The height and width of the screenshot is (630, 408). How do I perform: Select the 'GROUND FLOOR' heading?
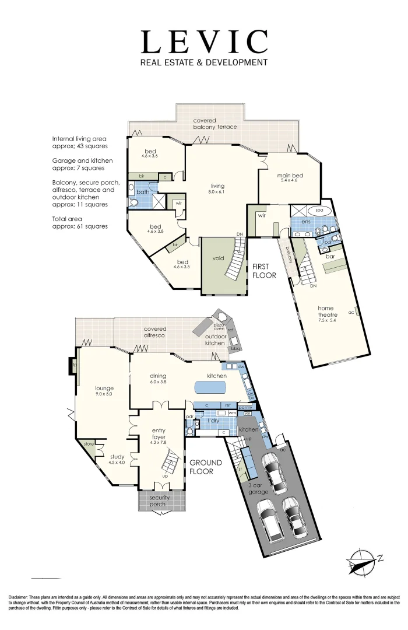pyautogui.click(x=201, y=467)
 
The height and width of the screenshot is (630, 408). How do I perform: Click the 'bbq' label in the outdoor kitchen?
pyautogui.click(x=235, y=348)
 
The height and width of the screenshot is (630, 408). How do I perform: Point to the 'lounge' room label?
pyautogui.click(x=104, y=391)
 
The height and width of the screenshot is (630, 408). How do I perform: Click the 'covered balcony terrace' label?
pyautogui.click(x=215, y=124)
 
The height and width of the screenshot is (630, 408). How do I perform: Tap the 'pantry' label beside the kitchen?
pyautogui.click(x=253, y=407)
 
